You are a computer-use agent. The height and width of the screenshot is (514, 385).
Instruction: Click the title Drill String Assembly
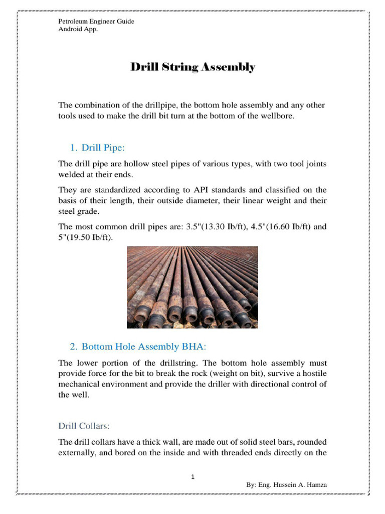193,67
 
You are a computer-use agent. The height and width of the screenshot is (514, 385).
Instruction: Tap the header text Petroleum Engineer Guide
96,22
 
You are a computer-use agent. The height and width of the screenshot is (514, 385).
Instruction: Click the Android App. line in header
78,29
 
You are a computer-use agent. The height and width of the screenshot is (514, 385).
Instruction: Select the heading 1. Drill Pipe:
97,148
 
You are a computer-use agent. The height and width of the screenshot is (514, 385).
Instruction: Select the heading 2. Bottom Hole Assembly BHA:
138,346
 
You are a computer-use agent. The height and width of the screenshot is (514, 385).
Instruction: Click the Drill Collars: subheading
84,426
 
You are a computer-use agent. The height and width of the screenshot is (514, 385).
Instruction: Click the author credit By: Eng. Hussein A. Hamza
286,485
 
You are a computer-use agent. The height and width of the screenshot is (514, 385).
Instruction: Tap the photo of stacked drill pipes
192,287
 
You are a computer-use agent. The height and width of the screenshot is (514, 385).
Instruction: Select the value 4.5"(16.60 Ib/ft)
281,226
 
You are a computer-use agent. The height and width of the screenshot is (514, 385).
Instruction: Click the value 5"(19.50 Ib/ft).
86,237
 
